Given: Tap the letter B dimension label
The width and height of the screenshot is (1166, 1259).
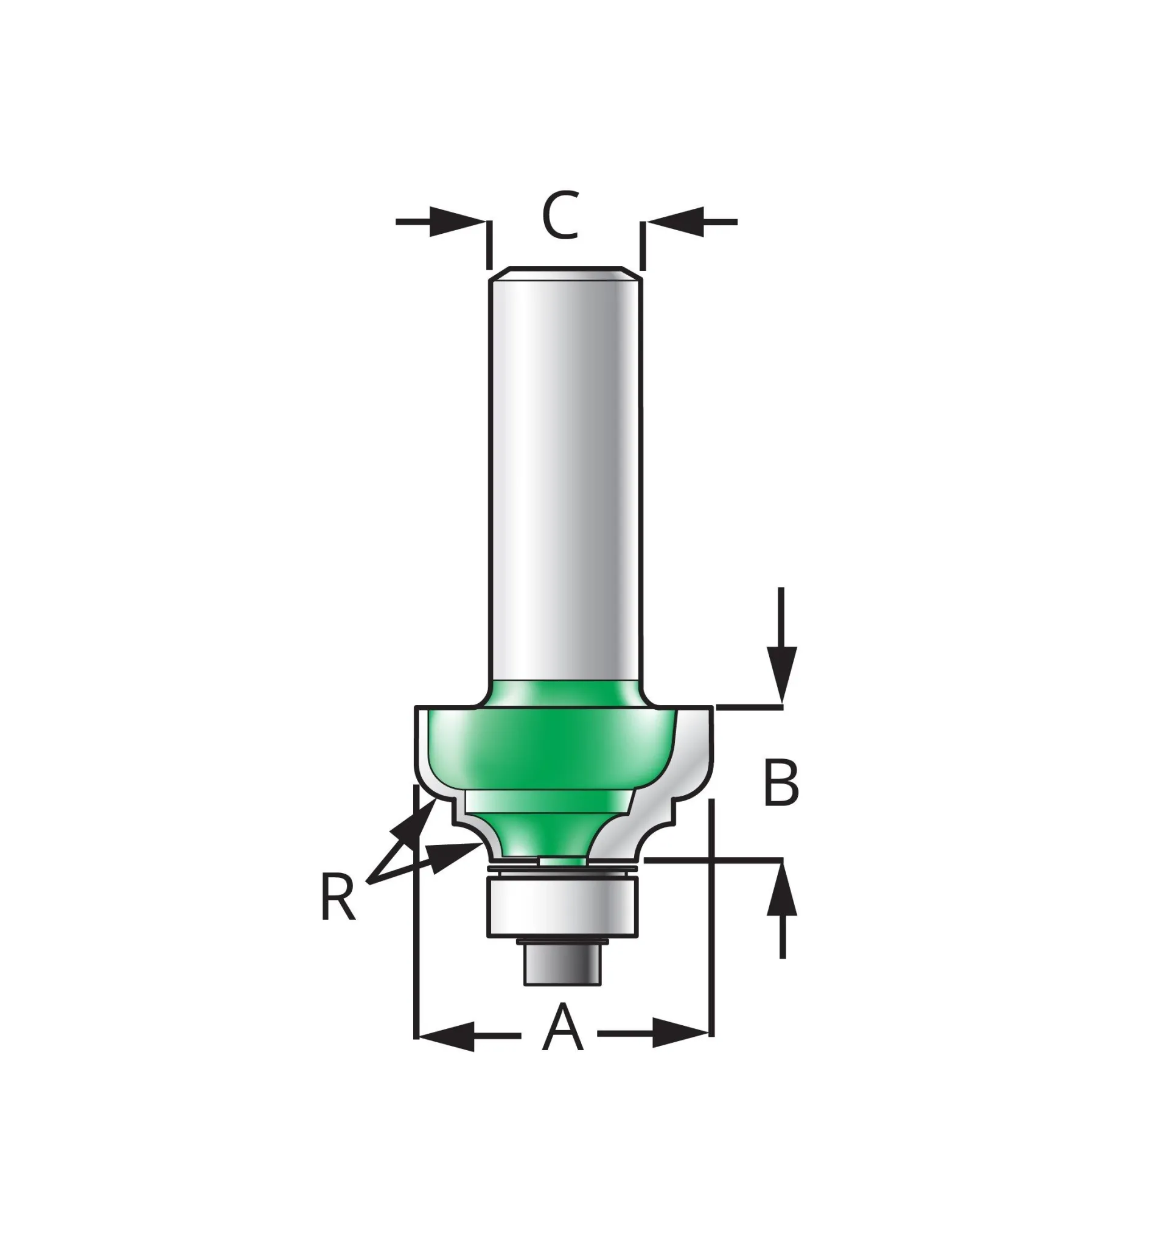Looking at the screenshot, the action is click(781, 782).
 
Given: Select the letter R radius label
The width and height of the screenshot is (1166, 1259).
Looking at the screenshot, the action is click(338, 897).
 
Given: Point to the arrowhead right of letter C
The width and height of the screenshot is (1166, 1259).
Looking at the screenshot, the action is click(675, 222).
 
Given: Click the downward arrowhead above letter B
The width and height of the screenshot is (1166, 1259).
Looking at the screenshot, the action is click(783, 675).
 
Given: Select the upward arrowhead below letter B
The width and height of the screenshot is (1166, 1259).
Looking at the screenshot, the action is click(783, 889).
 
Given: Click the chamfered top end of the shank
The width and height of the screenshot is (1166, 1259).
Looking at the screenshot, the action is click(566, 273).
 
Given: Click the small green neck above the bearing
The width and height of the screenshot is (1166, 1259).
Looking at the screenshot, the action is click(563, 862).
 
